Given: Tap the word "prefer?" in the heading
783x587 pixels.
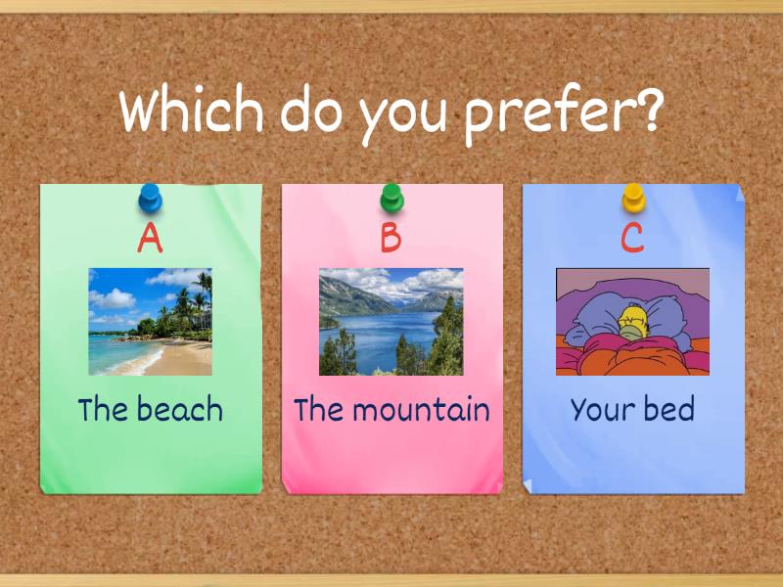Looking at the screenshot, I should coord(563,113).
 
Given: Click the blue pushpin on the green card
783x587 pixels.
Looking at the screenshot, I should coord(150,199).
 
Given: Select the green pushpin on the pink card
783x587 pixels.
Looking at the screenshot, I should coord(391,199).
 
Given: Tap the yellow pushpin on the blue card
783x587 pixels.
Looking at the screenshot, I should coord(633,199).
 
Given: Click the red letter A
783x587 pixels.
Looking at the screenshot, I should coord(150,238).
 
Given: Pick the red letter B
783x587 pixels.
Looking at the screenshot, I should coord(391,238).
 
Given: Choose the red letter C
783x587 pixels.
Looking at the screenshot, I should coord(633,238).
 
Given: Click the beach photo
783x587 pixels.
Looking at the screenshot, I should coord(150,322).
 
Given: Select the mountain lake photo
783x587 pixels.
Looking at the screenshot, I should coord(391,322).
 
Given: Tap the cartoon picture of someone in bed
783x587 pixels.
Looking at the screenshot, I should coord(632,322).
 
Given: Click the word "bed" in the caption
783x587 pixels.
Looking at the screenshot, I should coord(669,408).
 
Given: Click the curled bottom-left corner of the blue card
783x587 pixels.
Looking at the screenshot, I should coord(530,485).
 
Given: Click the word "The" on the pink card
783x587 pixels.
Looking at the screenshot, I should coord(318,408).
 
